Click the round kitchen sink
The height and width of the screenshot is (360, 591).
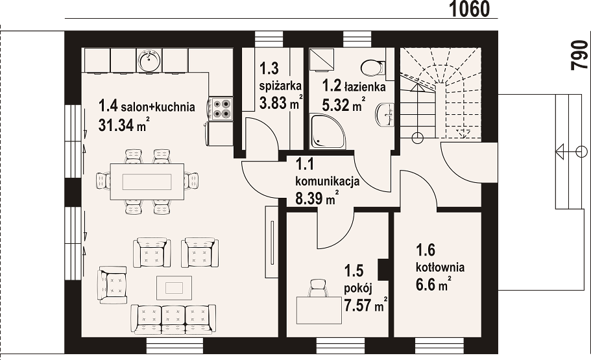(x=150, y=60)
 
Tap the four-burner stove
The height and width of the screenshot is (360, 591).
(x=221, y=108)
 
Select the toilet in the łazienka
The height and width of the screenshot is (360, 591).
(x=373, y=67)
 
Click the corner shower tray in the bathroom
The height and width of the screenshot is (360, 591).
(x=326, y=132)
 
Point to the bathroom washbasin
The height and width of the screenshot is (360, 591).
(x=385, y=115)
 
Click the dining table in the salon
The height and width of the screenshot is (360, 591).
(x=147, y=182)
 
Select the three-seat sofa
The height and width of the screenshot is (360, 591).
(x=173, y=319)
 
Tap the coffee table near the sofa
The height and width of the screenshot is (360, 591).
(x=174, y=287)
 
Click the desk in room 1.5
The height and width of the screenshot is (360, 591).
(x=319, y=310)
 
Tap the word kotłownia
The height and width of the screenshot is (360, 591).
(x=440, y=268)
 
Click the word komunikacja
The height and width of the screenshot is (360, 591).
(x=327, y=182)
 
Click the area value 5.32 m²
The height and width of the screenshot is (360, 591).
(x=343, y=104)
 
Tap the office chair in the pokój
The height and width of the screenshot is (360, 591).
(x=319, y=288)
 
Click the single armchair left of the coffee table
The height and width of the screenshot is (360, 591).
(x=112, y=285)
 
